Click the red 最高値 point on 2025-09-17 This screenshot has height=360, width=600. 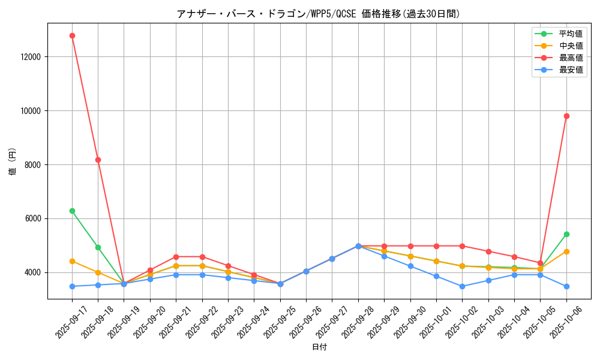(72, 35)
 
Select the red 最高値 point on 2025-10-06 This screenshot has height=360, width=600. (566, 116)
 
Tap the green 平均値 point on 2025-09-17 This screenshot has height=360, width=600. (72, 211)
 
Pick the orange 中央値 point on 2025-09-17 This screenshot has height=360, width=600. (72, 261)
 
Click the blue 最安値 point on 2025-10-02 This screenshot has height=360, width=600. (462, 286)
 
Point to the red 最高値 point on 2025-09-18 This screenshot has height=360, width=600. (98, 160)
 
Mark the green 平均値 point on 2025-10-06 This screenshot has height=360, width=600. (566, 234)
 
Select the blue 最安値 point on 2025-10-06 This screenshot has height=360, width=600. (566, 286)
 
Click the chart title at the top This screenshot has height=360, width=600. (318, 14)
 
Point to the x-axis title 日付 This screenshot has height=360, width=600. (319, 347)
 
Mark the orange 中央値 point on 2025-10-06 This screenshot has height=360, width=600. (566, 251)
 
